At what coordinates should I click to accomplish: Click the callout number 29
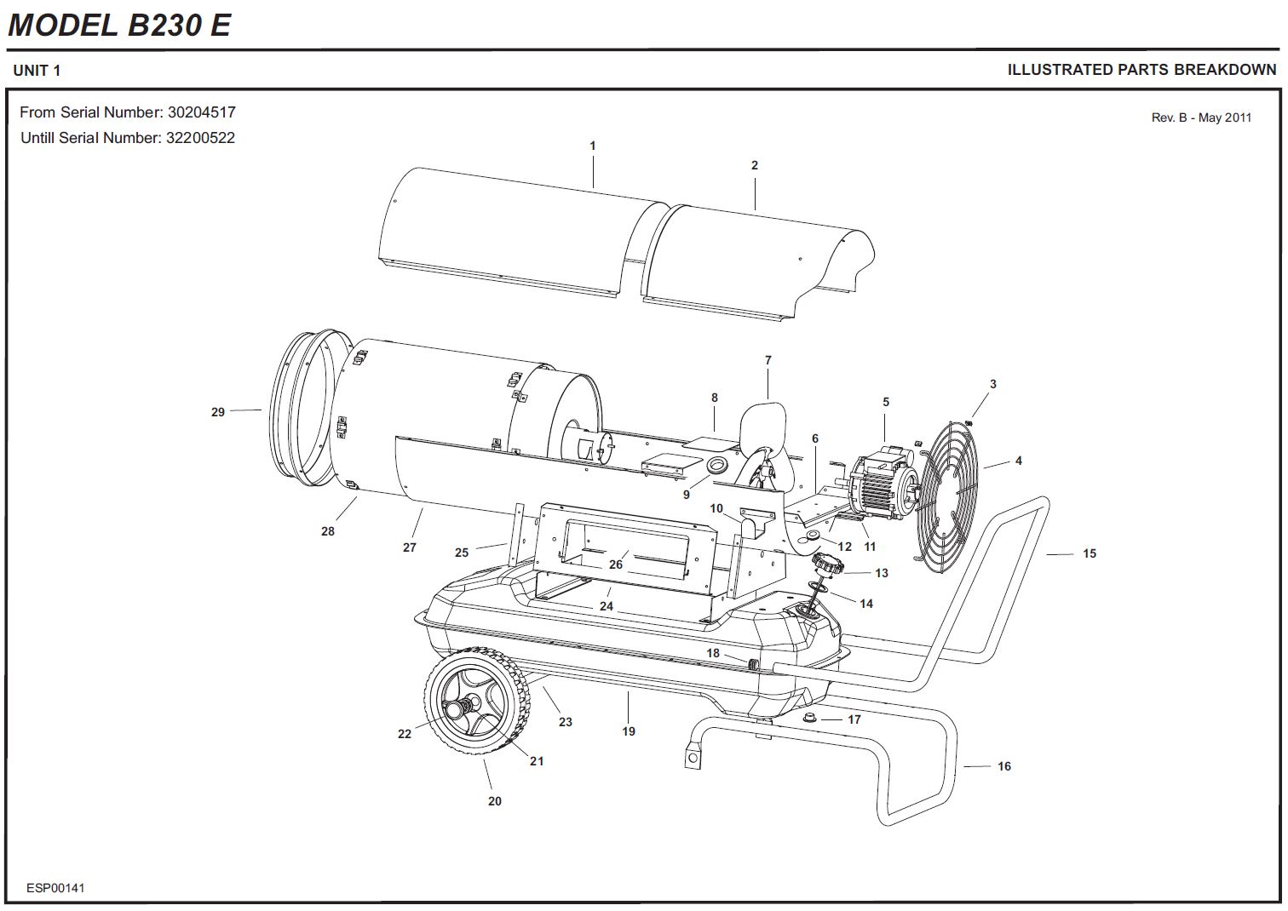tap(218, 412)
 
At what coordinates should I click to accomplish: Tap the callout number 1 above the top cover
tap(593, 146)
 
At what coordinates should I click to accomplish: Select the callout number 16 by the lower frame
tap(1004, 766)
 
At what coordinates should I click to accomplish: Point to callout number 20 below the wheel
tap(495, 801)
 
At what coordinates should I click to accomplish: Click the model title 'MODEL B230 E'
tap(119, 25)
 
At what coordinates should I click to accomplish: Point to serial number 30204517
tap(202, 112)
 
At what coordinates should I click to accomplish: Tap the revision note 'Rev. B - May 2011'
tap(1201, 117)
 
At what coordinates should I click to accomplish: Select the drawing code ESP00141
tap(55, 888)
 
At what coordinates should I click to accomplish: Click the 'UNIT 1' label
tap(37, 71)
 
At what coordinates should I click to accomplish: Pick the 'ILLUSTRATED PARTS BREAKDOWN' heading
tap(1141, 70)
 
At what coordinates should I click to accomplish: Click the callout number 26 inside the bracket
tap(616, 564)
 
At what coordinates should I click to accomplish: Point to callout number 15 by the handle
tap(1090, 553)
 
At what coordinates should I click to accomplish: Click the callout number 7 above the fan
tap(768, 360)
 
